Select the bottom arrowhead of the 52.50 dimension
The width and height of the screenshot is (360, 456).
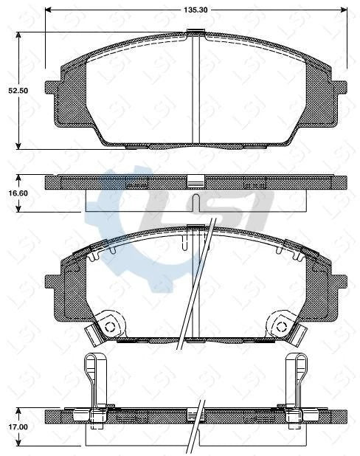[18, 146]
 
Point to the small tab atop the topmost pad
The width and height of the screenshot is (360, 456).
[195, 31]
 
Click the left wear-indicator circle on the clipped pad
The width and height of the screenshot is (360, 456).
[108, 325]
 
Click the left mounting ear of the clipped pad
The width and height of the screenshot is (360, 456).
[54, 283]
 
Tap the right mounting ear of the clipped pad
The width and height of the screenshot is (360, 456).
[338, 283]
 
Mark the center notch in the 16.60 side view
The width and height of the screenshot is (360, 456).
[195, 202]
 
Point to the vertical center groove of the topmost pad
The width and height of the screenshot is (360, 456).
[195, 89]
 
